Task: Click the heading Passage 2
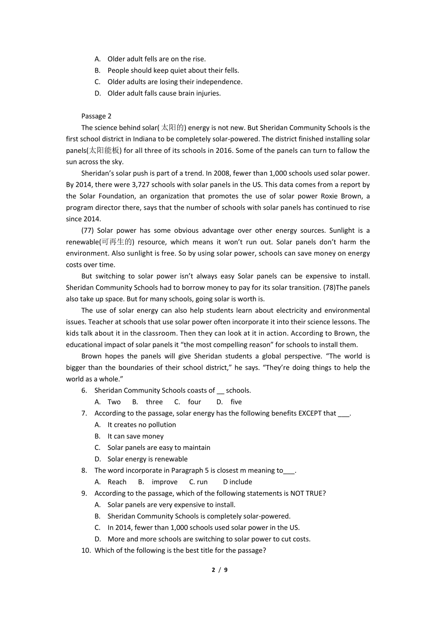tap(96, 116)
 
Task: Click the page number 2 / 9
tap(219, 570)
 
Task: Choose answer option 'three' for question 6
tap(154, 402)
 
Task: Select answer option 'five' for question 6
tap(236, 402)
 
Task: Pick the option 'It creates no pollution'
tap(141, 425)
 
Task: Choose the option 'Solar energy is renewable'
tap(147, 459)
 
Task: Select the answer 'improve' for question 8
tap(164, 482)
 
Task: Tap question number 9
tap(84, 494)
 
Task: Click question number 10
tap(86, 550)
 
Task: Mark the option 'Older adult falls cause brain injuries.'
tap(164, 93)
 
